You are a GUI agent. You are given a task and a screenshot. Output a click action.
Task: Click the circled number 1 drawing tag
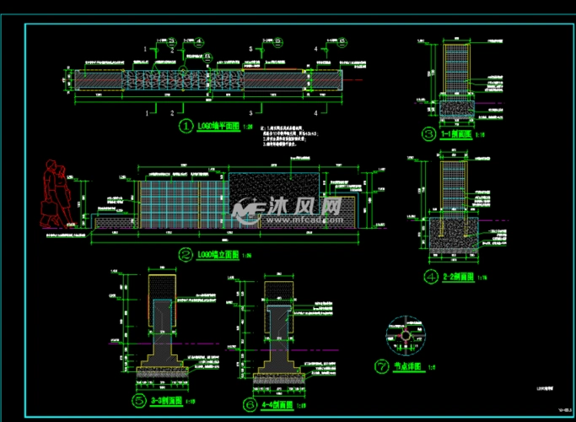[x=186, y=127]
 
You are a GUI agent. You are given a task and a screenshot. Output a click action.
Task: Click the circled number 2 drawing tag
[x=186, y=253]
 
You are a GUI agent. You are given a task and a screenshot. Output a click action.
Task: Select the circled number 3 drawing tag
[x=428, y=133]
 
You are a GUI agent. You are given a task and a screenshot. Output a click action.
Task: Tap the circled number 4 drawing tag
[x=430, y=277]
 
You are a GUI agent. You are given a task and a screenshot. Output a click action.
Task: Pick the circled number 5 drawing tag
[x=138, y=402]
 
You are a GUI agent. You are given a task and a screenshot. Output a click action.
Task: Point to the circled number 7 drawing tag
[x=380, y=366]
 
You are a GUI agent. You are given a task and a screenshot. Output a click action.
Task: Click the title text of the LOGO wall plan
[x=218, y=127]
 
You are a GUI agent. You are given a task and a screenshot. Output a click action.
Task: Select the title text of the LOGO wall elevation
[x=218, y=253]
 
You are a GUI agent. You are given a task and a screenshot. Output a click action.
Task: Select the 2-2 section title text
[x=458, y=277]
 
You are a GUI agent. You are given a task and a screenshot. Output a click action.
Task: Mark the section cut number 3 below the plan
[x=250, y=111]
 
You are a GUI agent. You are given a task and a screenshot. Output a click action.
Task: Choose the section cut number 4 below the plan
[x=316, y=111]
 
